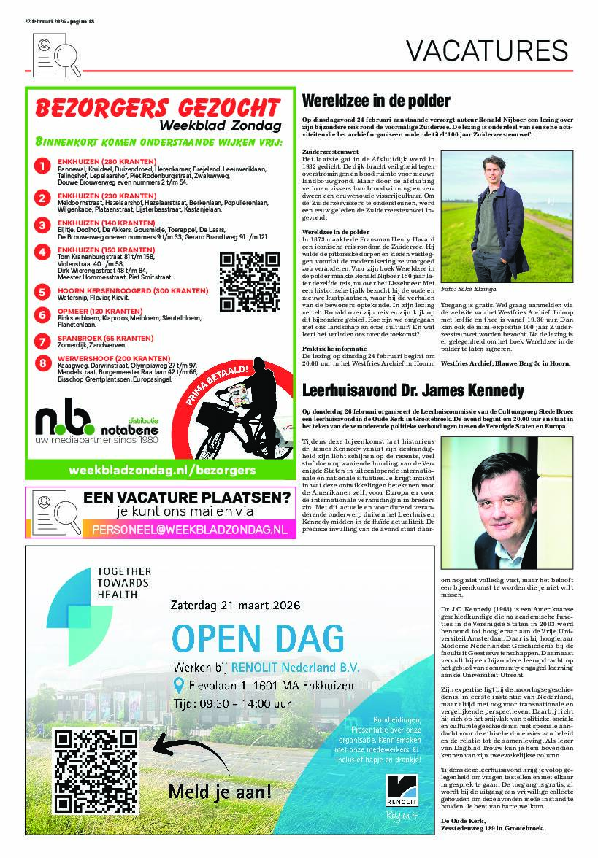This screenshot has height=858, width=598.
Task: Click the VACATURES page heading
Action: (x=486, y=50)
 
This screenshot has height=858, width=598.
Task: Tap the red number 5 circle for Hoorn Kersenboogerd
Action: (x=44, y=291)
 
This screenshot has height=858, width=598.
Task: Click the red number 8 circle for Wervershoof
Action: (x=44, y=362)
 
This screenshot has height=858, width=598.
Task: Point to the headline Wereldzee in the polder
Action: (x=376, y=101)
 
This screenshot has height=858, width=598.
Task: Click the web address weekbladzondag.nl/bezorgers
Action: (x=161, y=470)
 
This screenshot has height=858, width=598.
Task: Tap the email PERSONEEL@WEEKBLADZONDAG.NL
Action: (x=189, y=528)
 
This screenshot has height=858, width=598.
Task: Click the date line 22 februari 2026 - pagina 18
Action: (x=59, y=21)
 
